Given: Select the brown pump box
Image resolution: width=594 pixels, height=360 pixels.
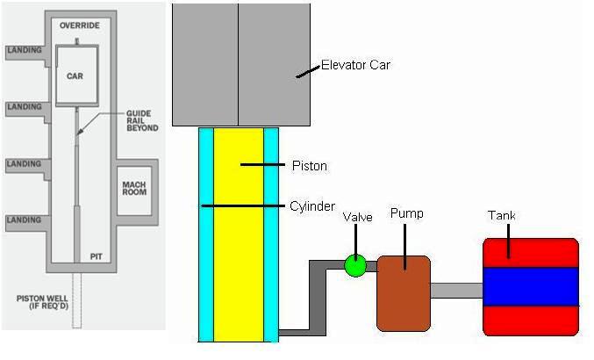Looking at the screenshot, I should point(403,292).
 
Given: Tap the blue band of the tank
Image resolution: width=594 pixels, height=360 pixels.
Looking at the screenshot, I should point(531,286).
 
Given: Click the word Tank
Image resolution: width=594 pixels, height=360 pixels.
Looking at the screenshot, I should point(502,216).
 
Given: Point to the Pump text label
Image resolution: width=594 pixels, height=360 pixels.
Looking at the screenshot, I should point(406,213).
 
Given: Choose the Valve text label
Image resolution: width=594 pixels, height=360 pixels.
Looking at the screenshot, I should point(358,217).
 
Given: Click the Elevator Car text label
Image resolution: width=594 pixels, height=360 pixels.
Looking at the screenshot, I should point(356,64).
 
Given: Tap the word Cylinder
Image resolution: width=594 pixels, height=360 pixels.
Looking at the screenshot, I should point(311,206).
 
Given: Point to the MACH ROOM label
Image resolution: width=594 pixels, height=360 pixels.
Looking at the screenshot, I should point(136,188).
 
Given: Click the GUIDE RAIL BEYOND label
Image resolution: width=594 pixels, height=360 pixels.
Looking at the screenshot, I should point(142,120).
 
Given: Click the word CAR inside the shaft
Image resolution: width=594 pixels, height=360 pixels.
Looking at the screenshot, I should point(75,76).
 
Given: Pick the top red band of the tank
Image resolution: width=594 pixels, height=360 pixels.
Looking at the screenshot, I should point(531,252).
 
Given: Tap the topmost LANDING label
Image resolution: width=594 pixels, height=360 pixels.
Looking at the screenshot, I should point(24,50).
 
